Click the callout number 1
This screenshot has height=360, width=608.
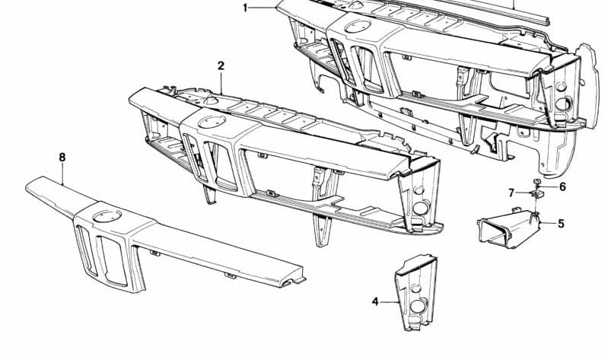pyautogui.click(x=245, y=8)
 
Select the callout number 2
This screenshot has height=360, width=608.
pyautogui.click(x=221, y=65)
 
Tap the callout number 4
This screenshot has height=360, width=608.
pyautogui.click(x=375, y=301)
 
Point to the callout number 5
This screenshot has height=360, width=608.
pyautogui.click(x=561, y=224)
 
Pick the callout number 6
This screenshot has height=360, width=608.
pyautogui.click(x=562, y=187)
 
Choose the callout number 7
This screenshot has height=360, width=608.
pyautogui.click(x=512, y=193)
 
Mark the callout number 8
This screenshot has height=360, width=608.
pyautogui.click(x=62, y=157)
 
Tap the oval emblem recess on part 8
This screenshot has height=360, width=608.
pyautogui.click(x=107, y=216)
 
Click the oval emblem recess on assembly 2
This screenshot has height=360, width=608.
pyautogui.click(x=212, y=122)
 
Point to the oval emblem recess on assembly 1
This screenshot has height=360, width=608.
pyautogui.click(x=358, y=27)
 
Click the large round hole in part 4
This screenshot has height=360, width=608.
pyautogui.click(x=418, y=306)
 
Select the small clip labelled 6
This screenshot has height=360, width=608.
pyautogui.click(x=537, y=182)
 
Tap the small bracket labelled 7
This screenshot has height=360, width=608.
pyautogui.click(x=536, y=193)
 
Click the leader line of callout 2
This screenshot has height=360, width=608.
pyautogui.click(x=221, y=83)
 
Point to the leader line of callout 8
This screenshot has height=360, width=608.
pyautogui.click(x=62, y=174)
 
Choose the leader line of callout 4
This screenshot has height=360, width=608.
pyautogui.click(x=389, y=302)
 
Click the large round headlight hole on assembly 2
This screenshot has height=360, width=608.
pyautogui.click(x=420, y=208)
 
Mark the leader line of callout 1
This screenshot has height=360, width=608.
pyautogui.click(x=263, y=8)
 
